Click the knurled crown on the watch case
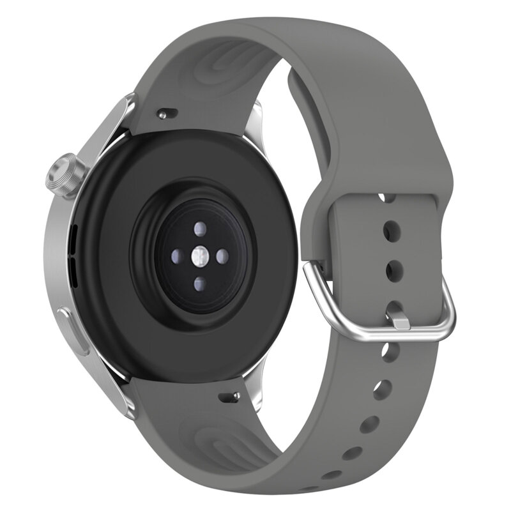(65, 174)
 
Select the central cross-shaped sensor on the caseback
(199, 257)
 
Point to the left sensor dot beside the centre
(176, 257)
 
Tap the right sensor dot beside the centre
(222, 257)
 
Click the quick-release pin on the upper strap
(166, 114)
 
